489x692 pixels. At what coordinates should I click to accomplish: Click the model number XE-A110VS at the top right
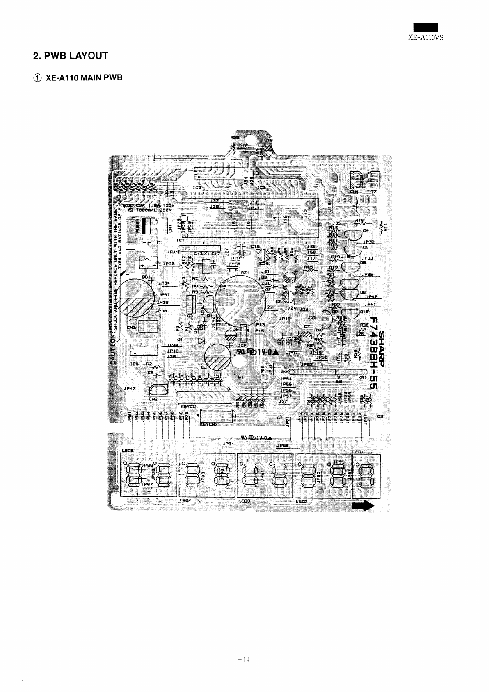coord(426,36)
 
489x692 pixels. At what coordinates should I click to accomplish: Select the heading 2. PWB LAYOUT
coord(70,55)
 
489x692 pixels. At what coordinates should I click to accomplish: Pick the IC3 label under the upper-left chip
coord(197,187)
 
